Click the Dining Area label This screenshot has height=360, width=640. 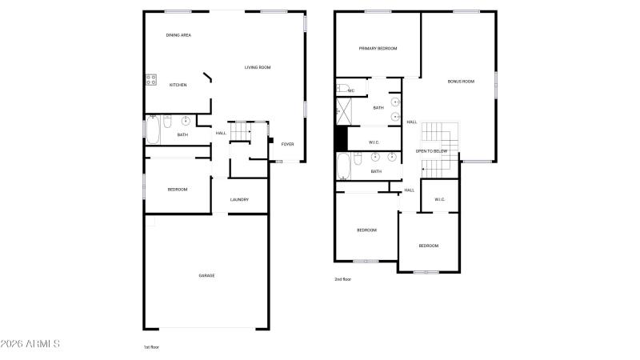click(178, 35)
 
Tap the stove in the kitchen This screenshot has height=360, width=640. click(151, 79)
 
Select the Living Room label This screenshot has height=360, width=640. click(258, 67)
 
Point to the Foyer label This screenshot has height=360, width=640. click(287, 144)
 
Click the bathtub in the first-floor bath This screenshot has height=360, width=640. click(153, 130)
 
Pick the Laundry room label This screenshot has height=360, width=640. click(239, 199)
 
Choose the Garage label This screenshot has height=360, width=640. click(206, 275)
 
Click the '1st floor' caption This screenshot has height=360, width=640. click(151, 347)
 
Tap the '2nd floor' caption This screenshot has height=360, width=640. click(343, 279)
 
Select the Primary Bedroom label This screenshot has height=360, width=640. click(378, 49)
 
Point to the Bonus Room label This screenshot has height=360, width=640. click(461, 82)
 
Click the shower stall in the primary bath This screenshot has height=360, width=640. click(344, 111)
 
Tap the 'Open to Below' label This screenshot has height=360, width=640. click(431, 151)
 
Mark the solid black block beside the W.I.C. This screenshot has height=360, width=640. click(341, 138)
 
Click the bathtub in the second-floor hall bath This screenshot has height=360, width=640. click(344, 166)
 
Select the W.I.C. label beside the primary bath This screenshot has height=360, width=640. click(374, 142)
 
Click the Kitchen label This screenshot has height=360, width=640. click(178, 85)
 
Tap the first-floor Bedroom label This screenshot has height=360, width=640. click(178, 190)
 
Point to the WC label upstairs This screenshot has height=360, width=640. click(351, 90)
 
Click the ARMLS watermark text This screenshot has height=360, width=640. click(30, 344)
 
